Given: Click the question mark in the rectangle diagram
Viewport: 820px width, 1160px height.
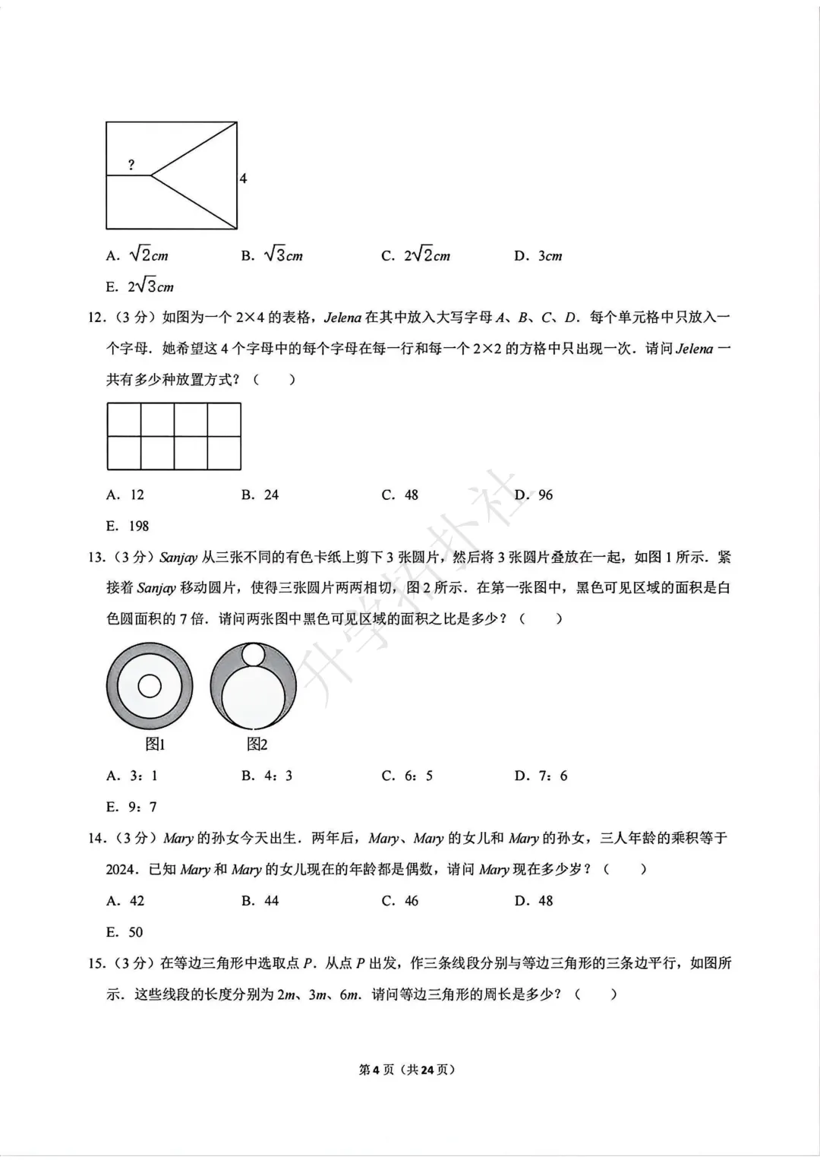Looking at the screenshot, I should coord(131,165).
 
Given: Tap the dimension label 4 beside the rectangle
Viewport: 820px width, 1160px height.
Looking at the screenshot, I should coord(243,179).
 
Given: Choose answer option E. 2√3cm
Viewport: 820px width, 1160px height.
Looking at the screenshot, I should coord(140,286).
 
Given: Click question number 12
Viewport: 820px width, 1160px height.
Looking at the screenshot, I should coord(96,318).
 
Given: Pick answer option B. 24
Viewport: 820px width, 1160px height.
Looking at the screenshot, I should coord(260,495).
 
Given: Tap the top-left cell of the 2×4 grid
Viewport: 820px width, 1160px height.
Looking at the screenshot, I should coord(124,419).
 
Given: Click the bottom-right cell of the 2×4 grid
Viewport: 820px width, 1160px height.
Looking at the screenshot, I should coord(224,453).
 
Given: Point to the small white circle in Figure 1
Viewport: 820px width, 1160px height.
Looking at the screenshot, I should coord(150,686).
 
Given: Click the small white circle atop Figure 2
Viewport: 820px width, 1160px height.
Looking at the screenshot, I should coord(253,654).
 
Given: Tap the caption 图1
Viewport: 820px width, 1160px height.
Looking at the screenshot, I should coord(155,744).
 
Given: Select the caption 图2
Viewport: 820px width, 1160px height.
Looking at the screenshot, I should coord(257,744).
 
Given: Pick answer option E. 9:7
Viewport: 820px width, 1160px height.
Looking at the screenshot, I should coord(131,807).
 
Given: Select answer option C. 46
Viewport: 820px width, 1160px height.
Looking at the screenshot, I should coord(399,901).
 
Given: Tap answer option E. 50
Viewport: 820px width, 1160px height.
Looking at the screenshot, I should coord(125,932).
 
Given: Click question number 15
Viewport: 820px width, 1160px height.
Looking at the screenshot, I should coord(96,963).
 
